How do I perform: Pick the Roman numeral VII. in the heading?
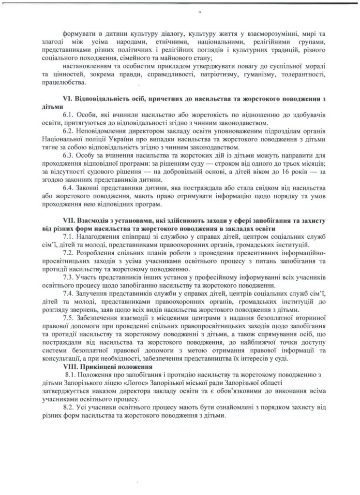(x=69, y=220)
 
